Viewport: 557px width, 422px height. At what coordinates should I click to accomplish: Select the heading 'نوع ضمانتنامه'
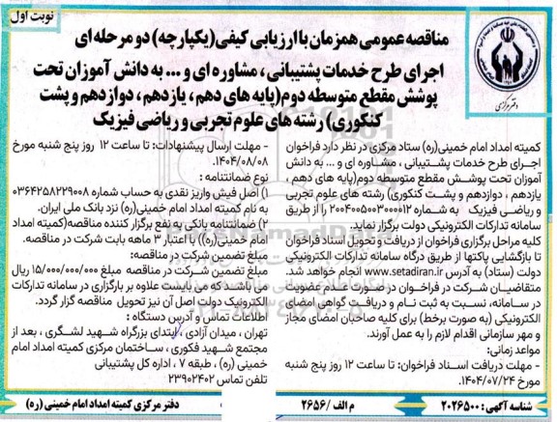(x=227, y=180)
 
